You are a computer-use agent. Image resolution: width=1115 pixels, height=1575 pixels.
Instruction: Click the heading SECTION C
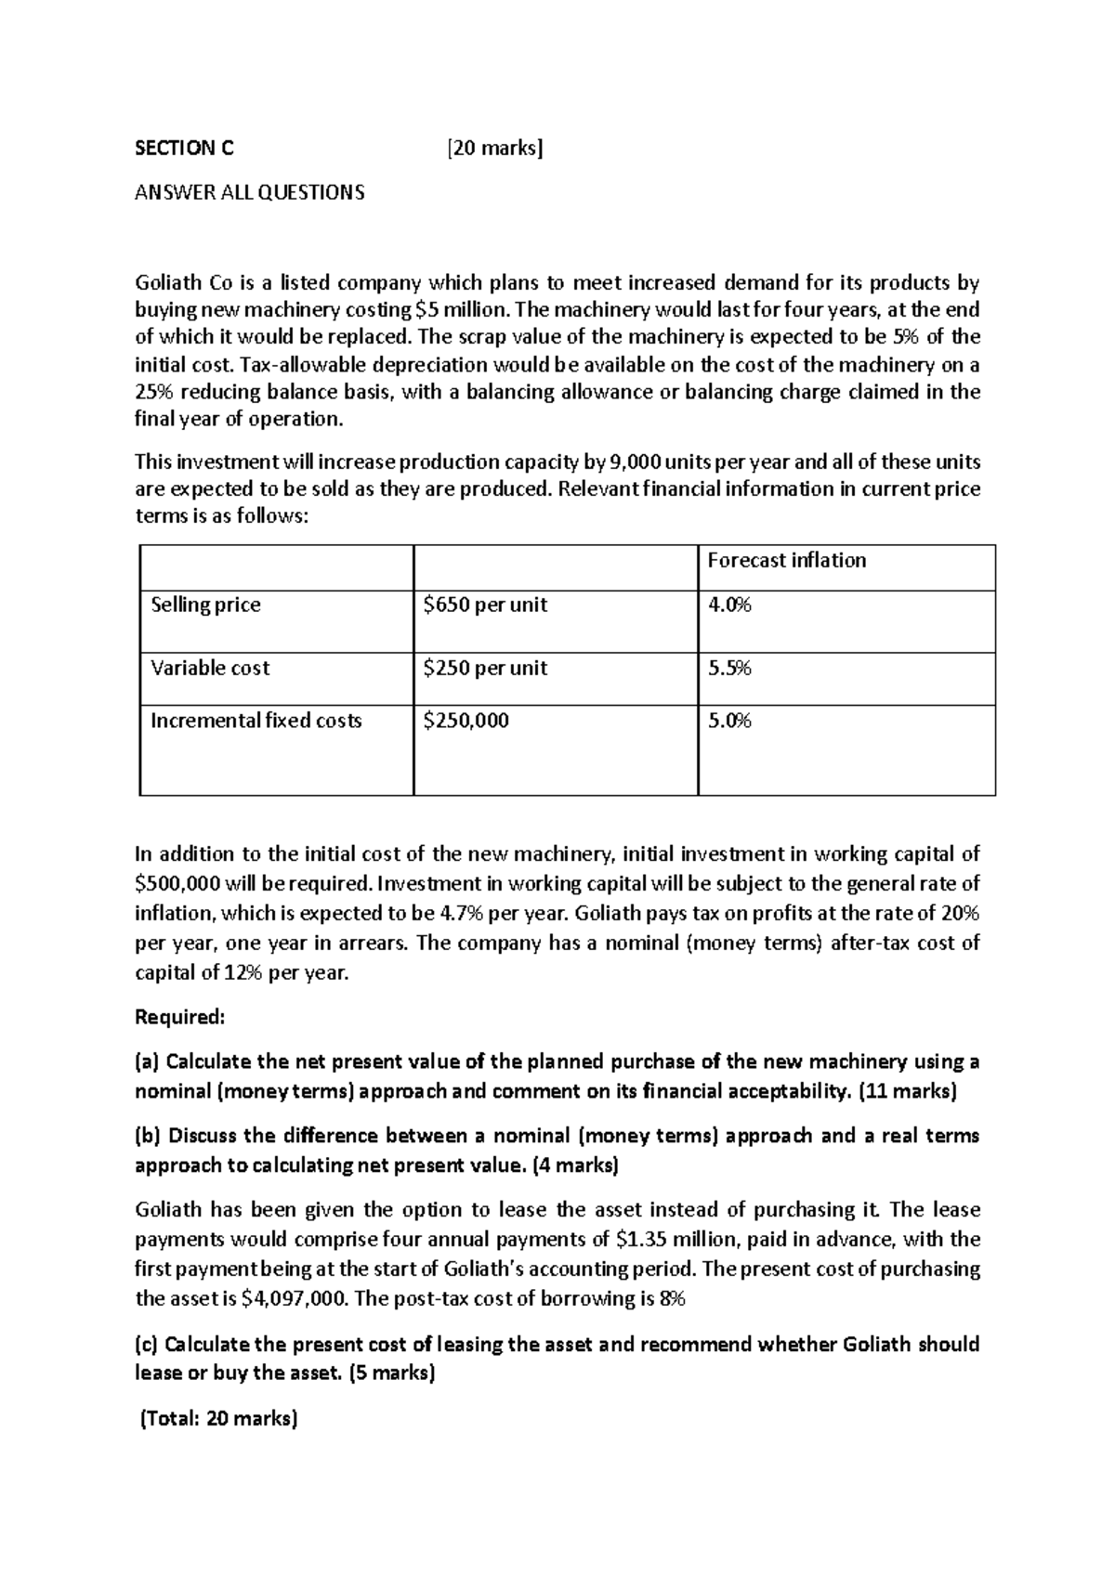pyautogui.click(x=185, y=148)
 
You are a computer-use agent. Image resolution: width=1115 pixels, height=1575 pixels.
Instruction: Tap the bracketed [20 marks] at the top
pyautogui.click(x=493, y=148)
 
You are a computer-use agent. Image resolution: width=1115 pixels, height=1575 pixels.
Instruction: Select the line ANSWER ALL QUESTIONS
pyautogui.click(x=250, y=193)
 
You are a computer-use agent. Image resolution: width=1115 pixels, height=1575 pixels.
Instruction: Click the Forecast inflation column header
pyautogui.click(x=786, y=560)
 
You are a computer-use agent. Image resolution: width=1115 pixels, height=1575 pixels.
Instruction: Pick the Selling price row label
pyautogui.click(x=205, y=605)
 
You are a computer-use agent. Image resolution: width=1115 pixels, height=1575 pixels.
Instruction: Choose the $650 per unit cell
pyautogui.click(x=484, y=605)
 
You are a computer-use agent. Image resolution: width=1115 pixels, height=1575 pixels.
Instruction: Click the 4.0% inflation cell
pyautogui.click(x=729, y=605)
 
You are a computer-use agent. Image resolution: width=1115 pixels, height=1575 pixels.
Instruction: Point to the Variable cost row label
pyautogui.click(x=210, y=668)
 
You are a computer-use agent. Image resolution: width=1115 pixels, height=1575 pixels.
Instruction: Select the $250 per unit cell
pyautogui.click(x=484, y=668)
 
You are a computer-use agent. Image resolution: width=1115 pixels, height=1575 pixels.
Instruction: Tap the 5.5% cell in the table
pyautogui.click(x=729, y=668)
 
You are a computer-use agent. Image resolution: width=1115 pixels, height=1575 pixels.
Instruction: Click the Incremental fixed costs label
pyautogui.click(x=256, y=721)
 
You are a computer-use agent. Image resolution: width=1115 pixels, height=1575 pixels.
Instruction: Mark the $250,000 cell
pyautogui.click(x=466, y=721)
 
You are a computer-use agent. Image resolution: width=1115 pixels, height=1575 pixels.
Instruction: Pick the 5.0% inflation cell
pyautogui.click(x=729, y=721)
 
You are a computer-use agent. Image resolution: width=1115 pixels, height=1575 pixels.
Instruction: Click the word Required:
pyautogui.click(x=180, y=1017)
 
